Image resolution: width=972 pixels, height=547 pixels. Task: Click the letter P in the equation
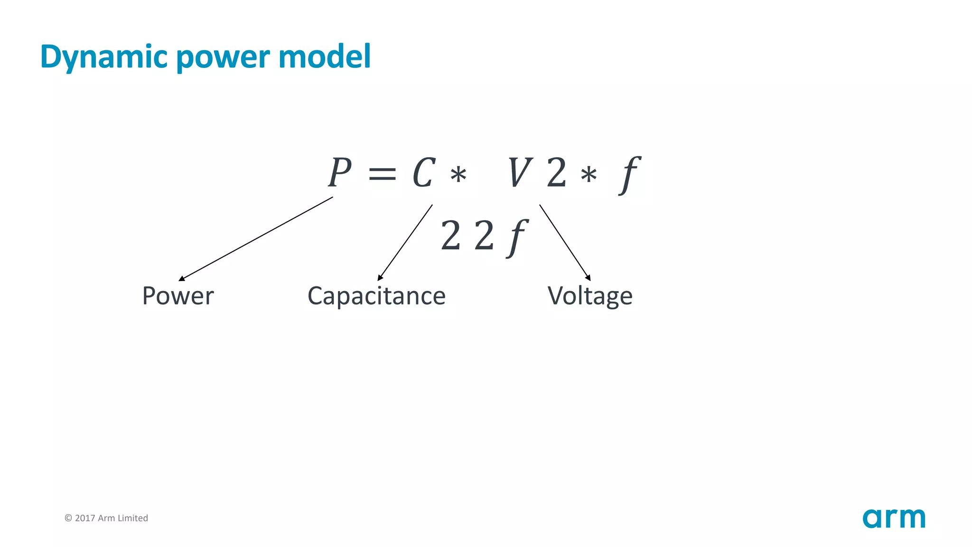point(340,172)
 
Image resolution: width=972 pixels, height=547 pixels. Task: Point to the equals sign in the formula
point(382,174)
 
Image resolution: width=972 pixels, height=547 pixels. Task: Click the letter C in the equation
point(423,173)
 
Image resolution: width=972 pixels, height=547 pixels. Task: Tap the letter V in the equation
point(519,173)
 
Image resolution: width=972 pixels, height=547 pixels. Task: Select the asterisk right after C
point(458,175)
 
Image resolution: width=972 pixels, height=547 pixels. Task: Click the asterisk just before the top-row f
point(589,175)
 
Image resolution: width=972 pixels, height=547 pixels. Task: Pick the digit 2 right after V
point(557,173)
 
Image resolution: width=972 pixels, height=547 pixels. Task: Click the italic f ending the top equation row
point(630,174)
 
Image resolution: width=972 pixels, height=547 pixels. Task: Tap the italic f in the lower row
point(517,237)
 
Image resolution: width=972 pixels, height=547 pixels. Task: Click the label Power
point(178,296)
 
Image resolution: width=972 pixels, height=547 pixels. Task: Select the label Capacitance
point(376,296)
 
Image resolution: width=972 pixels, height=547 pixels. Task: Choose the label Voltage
point(590,296)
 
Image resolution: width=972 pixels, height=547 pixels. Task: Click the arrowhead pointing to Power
point(181,279)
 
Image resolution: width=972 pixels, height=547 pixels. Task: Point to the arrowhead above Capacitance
point(380,278)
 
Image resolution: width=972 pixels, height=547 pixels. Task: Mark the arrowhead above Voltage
point(589,278)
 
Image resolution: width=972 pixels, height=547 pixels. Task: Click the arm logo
point(894,518)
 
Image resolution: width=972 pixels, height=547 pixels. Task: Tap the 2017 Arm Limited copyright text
point(106,518)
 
